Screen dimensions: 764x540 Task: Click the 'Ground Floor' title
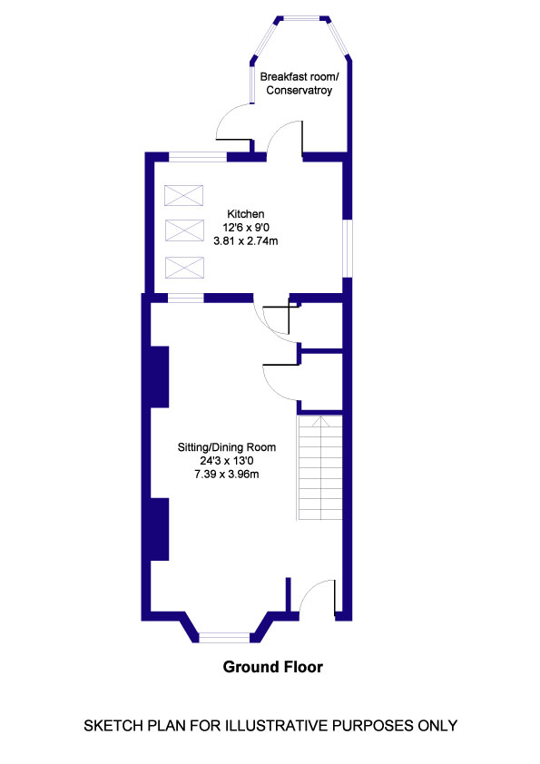click(273, 667)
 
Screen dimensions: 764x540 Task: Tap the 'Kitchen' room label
click(245, 214)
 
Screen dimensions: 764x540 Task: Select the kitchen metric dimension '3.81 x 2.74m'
click(245, 241)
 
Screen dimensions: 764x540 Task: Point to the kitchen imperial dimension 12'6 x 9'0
click(245, 228)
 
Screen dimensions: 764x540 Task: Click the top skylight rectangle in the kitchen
click(183, 196)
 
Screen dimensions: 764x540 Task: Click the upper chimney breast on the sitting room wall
click(160, 376)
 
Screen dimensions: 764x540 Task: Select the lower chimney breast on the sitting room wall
click(160, 529)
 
